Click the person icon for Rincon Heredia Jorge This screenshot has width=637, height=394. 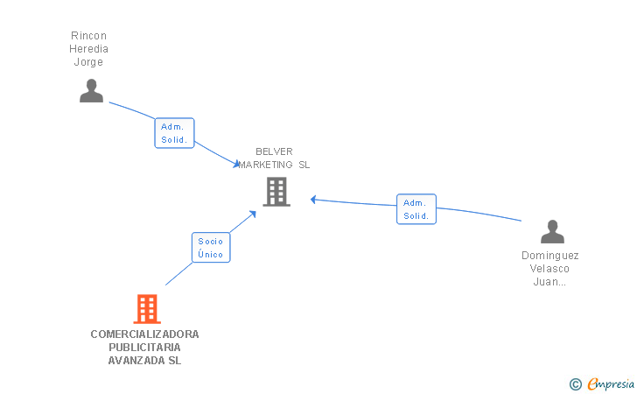[x=91, y=91]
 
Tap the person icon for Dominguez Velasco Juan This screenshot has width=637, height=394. [x=552, y=232]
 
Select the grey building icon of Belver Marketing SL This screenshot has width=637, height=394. [x=276, y=192]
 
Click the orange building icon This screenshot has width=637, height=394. [x=147, y=308]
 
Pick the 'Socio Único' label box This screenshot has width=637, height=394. [x=211, y=248]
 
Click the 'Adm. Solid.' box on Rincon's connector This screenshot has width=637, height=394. [x=174, y=133]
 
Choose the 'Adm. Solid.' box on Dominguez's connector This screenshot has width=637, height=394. [x=416, y=209]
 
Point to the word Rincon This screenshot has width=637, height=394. [x=88, y=36]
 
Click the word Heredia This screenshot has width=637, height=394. [x=88, y=49]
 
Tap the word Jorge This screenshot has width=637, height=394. [x=88, y=62]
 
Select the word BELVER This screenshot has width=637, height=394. [x=274, y=151]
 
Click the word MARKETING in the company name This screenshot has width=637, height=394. [x=266, y=165]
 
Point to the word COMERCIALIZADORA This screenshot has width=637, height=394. [x=145, y=334]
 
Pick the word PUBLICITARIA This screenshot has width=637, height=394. [x=145, y=348]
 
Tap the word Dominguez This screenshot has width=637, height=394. [x=550, y=256]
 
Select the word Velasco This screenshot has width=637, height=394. [x=550, y=269]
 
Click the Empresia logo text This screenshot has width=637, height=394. [x=611, y=383]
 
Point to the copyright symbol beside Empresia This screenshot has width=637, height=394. [x=576, y=383]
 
